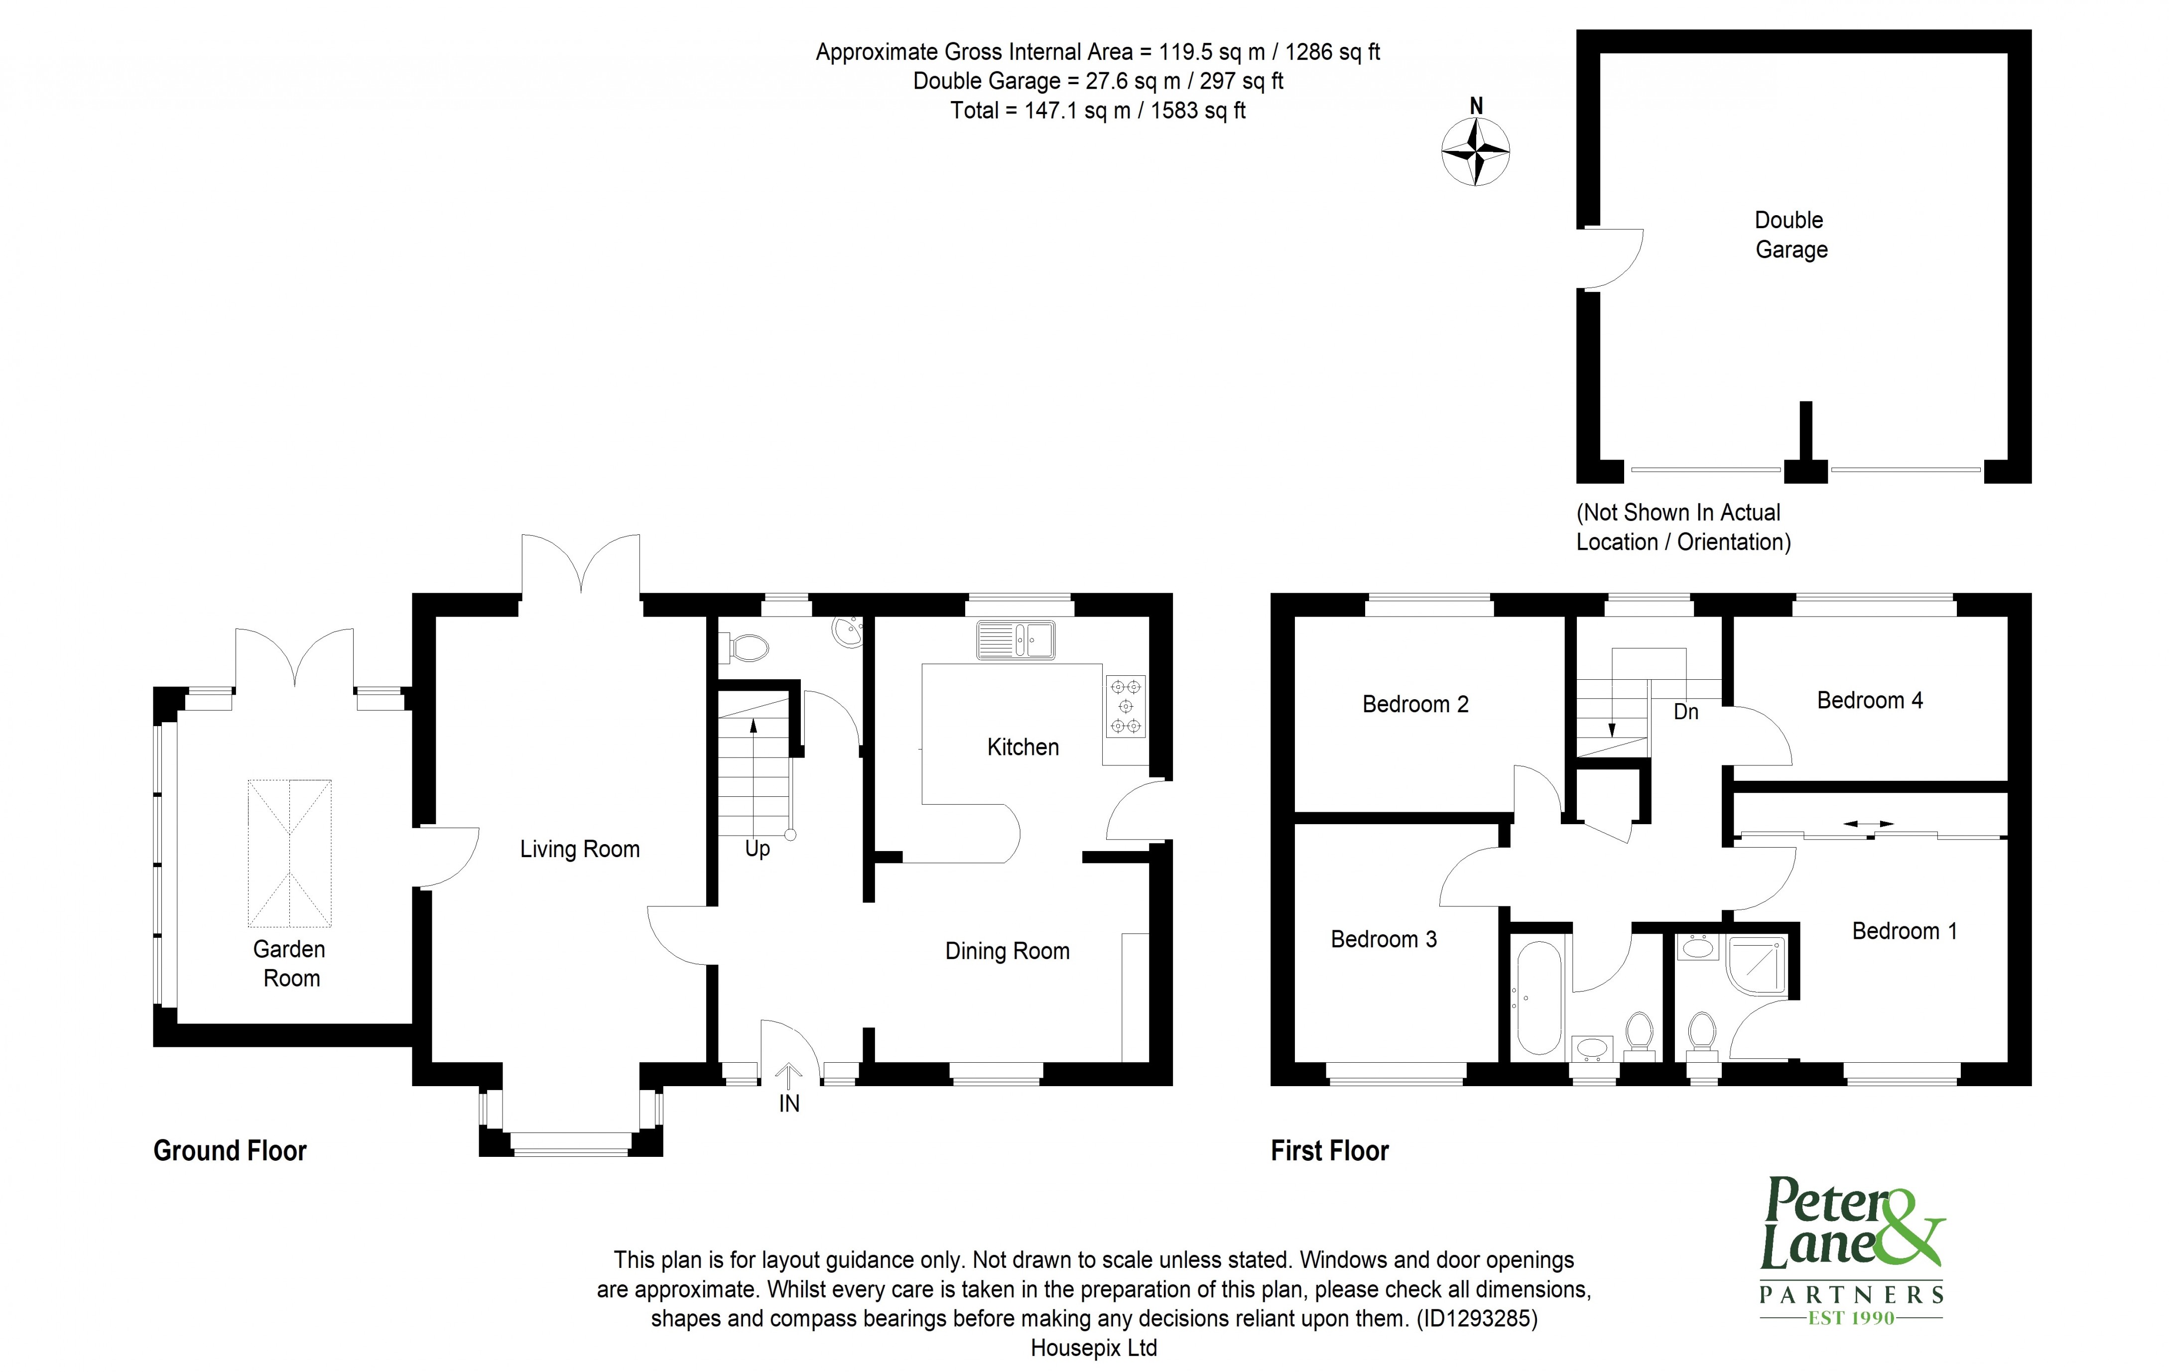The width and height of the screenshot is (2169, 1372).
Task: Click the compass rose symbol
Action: [1475, 151]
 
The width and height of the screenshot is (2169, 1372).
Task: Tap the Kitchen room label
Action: [1022, 747]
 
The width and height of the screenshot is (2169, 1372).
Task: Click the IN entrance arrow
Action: [789, 1075]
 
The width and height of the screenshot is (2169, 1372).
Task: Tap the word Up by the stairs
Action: [757, 849]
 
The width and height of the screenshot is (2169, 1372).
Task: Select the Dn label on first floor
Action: [1685, 712]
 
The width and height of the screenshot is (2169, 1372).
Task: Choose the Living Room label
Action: [579, 849]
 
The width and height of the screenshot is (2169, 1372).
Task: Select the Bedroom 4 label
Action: [1869, 700]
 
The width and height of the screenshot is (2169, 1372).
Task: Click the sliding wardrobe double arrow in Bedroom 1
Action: [1868, 823]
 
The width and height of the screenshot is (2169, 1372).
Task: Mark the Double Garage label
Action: [1790, 234]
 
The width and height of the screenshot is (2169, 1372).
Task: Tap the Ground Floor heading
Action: [230, 1150]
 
